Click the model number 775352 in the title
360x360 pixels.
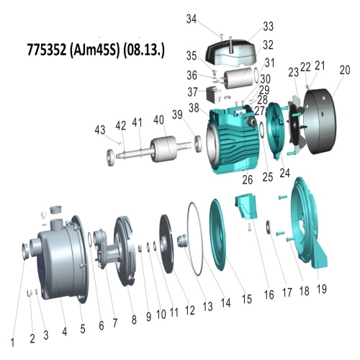tap(47, 50)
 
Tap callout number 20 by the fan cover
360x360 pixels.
tap(345, 70)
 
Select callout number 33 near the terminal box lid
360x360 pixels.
tap(268, 27)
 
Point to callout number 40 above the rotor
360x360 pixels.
tap(158, 120)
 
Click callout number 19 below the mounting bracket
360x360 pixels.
tap(322, 289)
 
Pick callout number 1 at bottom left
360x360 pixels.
tap(12, 342)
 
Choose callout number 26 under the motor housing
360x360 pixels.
tap(248, 179)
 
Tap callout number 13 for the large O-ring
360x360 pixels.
tap(207, 307)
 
